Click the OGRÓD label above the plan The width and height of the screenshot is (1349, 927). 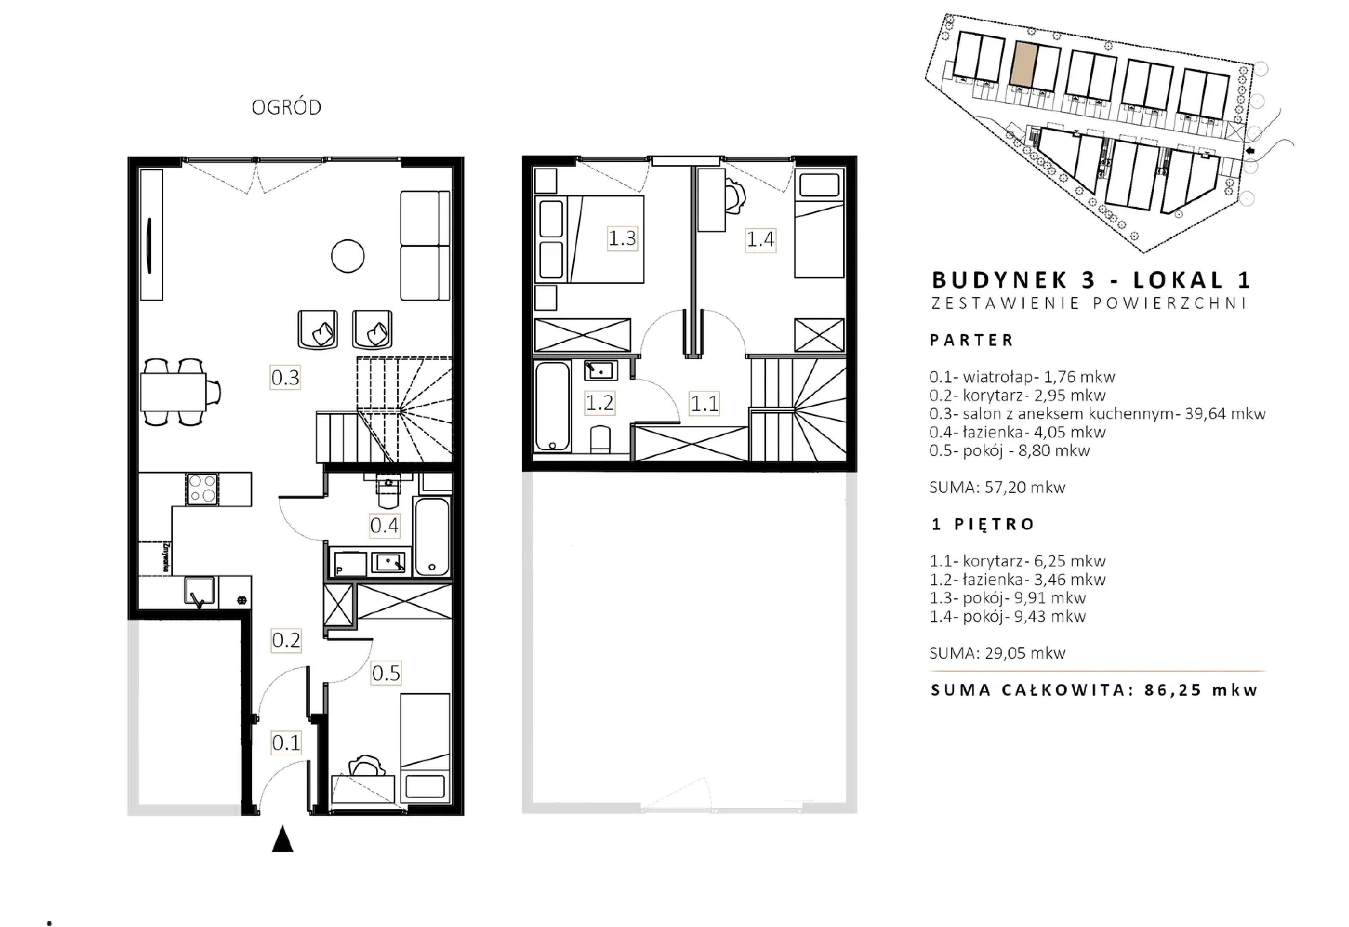pos(287,107)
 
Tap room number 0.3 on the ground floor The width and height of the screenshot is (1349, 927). pos(285,378)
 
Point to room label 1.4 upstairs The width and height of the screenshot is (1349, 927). pos(761,239)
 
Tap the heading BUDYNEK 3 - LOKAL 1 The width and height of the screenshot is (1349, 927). pos(1090,281)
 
